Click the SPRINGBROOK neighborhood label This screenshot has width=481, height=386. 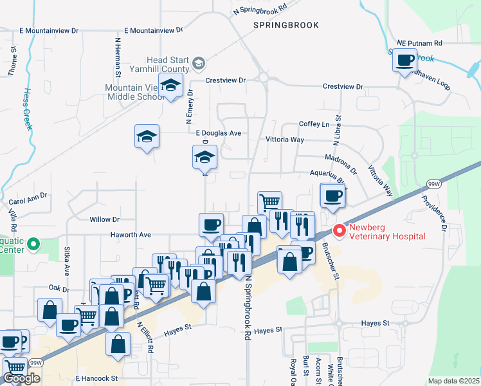coord(286,25)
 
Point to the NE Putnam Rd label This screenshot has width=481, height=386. coord(420,43)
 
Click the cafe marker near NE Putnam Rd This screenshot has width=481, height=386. coord(404,61)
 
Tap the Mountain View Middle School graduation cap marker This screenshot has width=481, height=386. coord(171,85)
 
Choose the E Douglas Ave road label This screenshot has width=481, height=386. coord(218,133)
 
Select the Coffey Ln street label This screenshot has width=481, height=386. coord(314,124)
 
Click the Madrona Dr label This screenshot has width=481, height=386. coord(340,165)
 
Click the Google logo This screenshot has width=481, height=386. coord(21,378)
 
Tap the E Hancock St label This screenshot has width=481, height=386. coord(96,378)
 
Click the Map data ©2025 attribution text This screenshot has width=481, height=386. coord(453,381)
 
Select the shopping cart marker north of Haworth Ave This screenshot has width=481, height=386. coord(270,202)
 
